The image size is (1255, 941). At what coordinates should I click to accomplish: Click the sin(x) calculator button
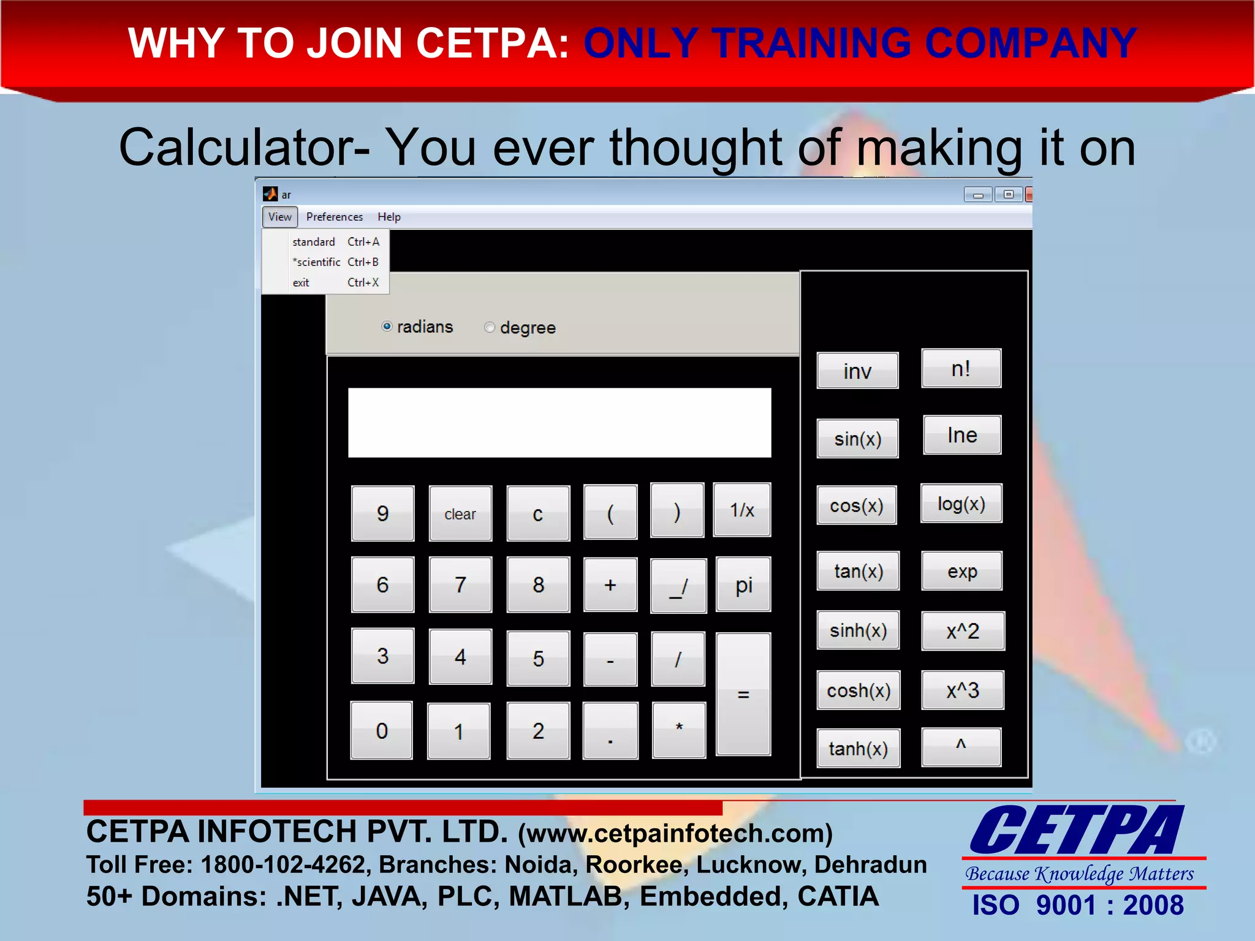[857, 439]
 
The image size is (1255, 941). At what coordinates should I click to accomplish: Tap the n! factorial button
[961, 369]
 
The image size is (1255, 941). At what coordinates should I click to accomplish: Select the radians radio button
[387, 327]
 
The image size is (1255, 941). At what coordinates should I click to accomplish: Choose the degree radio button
[490, 327]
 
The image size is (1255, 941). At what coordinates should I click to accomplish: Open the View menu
[279, 217]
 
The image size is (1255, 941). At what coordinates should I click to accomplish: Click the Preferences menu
[334, 217]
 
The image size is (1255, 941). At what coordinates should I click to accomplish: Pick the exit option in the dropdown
[301, 282]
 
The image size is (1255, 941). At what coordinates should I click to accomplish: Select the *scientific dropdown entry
[316, 262]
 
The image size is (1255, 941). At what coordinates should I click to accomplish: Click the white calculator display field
[559, 423]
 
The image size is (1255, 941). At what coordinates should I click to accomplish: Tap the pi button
[743, 585]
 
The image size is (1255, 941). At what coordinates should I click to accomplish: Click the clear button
[460, 514]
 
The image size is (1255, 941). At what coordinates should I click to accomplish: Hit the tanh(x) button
[858, 749]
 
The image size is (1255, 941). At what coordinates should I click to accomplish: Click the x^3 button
[962, 690]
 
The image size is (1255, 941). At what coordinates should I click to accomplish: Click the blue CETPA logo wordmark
[1077, 831]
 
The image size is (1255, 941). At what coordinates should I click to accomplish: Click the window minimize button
[977, 195]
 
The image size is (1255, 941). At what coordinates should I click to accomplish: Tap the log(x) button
[961, 504]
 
